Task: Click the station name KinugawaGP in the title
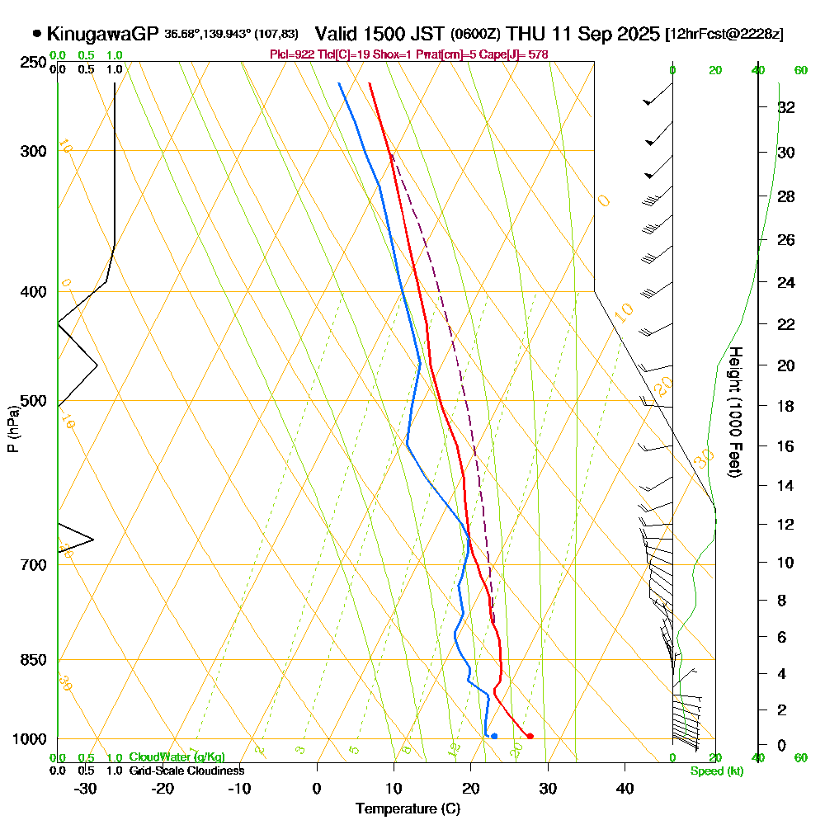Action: click(102, 34)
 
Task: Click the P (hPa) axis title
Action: click(13, 428)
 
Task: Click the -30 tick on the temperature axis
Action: click(86, 788)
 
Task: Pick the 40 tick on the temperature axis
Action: click(625, 788)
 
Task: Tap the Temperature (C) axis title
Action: click(408, 808)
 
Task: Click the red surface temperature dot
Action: click(530, 736)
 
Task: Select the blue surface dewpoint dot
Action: click(493, 736)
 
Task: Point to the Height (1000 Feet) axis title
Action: click(734, 412)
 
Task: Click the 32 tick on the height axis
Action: click(786, 107)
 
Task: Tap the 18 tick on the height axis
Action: click(786, 406)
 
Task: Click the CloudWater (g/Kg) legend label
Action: click(176, 757)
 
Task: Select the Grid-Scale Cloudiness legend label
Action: click(186, 771)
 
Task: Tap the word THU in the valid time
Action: click(526, 34)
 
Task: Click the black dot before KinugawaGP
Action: click(36, 34)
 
